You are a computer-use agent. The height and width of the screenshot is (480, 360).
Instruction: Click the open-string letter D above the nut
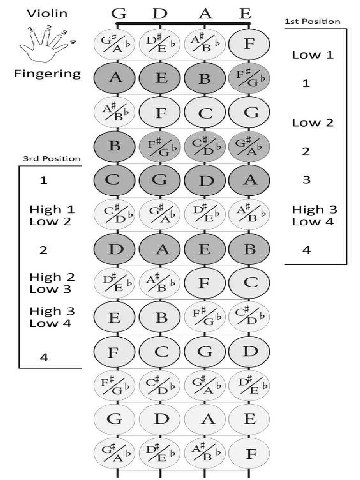pyautogui.click(x=160, y=14)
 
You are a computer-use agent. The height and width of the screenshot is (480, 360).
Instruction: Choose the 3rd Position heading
pyautogui.click(x=52, y=158)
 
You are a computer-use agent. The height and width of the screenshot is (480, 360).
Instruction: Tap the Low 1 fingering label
pyautogui.click(x=313, y=55)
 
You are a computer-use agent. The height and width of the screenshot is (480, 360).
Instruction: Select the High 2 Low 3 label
pyautogui.click(x=52, y=283)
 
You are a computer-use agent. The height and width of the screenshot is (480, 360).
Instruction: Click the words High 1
pyautogui.click(x=52, y=210)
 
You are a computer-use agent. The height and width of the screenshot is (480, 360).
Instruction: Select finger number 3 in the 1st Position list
pyautogui.click(x=306, y=180)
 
